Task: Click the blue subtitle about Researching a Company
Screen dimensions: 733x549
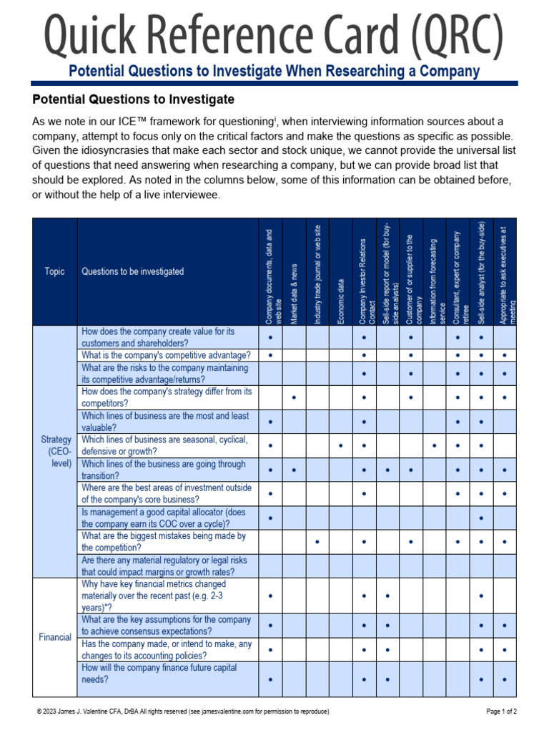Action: click(x=274, y=72)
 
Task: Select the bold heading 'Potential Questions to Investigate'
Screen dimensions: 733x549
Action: click(x=134, y=99)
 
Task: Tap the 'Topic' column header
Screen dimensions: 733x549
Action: click(x=54, y=271)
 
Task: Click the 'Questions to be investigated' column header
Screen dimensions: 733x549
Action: click(x=133, y=271)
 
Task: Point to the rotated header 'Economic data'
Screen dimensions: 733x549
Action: click(x=341, y=301)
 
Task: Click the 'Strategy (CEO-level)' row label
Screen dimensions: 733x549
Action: click(x=56, y=451)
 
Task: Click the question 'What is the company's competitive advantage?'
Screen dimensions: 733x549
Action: click(x=166, y=355)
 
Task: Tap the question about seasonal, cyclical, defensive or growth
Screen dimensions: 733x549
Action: click(x=164, y=445)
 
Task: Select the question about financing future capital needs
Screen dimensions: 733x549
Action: click(x=159, y=674)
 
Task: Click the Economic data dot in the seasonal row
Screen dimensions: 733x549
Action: click(x=341, y=445)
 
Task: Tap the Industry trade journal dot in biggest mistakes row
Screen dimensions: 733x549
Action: click(x=317, y=541)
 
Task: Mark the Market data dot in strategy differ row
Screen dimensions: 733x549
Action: click(x=294, y=397)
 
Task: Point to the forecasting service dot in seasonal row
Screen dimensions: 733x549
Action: click(x=435, y=445)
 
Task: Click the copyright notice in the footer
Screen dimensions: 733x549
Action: click(x=183, y=712)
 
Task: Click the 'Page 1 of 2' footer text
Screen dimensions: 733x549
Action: click(x=501, y=712)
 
